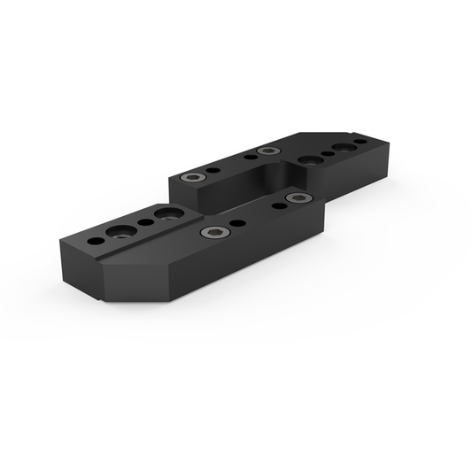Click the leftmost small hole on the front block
94,240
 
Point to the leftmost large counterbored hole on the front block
118,233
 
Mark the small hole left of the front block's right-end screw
279,205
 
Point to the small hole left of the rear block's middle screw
250,157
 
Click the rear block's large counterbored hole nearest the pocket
309,160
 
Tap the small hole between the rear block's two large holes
328,154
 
